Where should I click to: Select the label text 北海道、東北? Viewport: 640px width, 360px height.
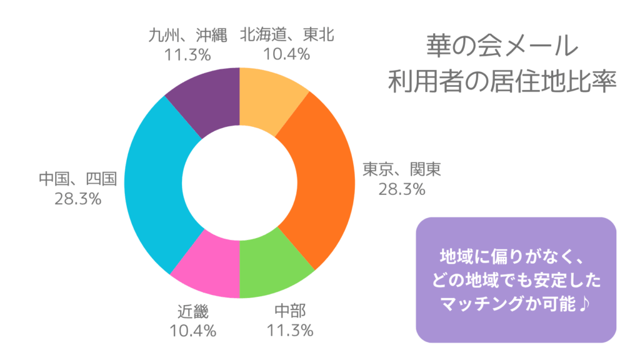(x=287, y=34)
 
